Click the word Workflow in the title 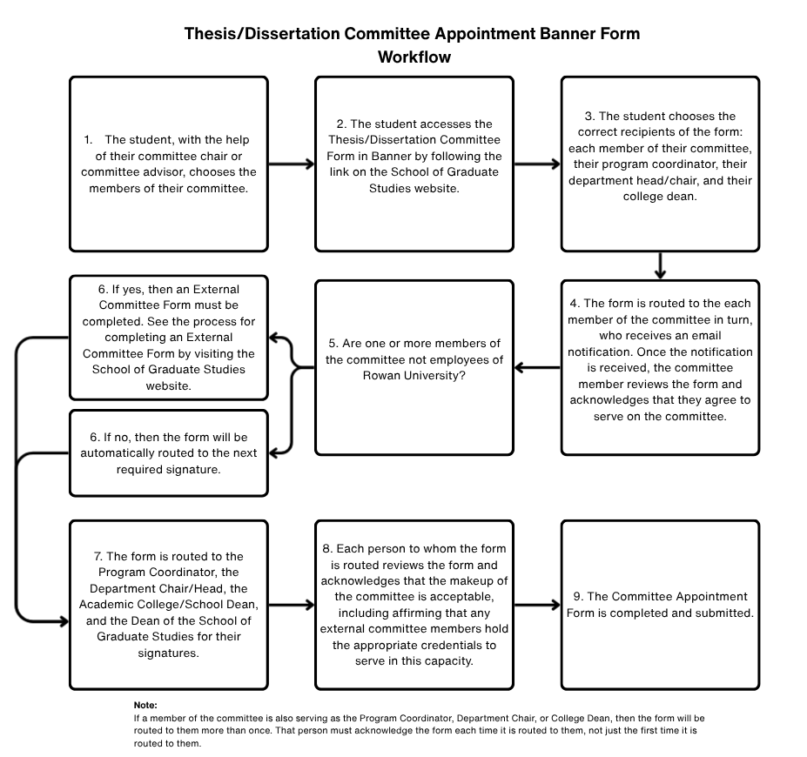(x=414, y=57)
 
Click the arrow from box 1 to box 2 (x=292, y=164)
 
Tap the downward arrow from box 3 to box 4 (x=660, y=265)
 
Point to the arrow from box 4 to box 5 (x=537, y=367)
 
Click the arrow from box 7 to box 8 (x=292, y=605)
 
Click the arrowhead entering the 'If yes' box (x=273, y=338)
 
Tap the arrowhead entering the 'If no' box (x=273, y=452)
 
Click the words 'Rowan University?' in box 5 (x=414, y=376)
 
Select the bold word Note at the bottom (x=145, y=705)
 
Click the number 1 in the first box (x=88, y=139)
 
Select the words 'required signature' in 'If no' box (x=168, y=469)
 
